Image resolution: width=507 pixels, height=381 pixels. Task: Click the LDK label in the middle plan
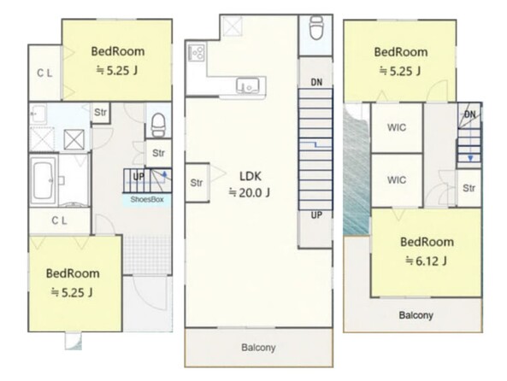(251, 176)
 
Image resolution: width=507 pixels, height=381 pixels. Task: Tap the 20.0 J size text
(250, 192)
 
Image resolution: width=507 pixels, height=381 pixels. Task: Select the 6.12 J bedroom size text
(427, 261)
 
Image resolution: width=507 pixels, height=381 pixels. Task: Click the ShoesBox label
(147, 199)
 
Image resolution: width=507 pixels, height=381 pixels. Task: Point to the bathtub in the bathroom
(43, 180)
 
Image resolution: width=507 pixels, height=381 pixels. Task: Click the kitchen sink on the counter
(248, 86)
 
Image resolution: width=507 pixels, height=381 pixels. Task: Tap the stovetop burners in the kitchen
(197, 52)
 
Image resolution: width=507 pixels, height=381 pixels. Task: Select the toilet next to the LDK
(316, 27)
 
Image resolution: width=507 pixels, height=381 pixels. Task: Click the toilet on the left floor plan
(158, 125)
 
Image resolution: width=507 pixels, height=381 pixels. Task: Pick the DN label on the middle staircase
(316, 83)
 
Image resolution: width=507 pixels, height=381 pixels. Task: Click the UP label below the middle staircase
(316, 215)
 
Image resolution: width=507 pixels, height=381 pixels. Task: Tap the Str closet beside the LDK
(197, 183)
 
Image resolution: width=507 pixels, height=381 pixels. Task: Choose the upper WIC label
(397, 127)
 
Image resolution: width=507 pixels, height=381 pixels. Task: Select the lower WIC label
(397, 179)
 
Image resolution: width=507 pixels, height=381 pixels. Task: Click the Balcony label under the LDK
(258, 348)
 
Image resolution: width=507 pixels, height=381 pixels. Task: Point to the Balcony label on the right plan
(416, 315)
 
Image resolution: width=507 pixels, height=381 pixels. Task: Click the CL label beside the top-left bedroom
(44, 73)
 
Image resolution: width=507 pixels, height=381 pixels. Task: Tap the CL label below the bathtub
(60, 220)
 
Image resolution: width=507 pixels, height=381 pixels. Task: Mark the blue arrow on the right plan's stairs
(470, 145)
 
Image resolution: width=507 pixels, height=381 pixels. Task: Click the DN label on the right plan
(470, 114)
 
